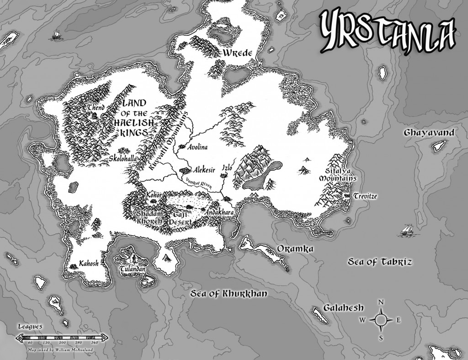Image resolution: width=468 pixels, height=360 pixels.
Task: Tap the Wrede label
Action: [x=238, y=53]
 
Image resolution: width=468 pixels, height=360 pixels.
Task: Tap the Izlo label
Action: [x=227, y=167]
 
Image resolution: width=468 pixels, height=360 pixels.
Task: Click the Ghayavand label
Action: [x=429, y=133]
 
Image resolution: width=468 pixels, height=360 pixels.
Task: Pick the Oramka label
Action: [x=295, y=249]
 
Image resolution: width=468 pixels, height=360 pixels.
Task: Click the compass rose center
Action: [x=381, y=319]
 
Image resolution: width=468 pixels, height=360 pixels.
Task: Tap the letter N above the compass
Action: [x=381, y=302]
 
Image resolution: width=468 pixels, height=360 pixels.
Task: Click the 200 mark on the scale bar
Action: [x=63, y=342]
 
